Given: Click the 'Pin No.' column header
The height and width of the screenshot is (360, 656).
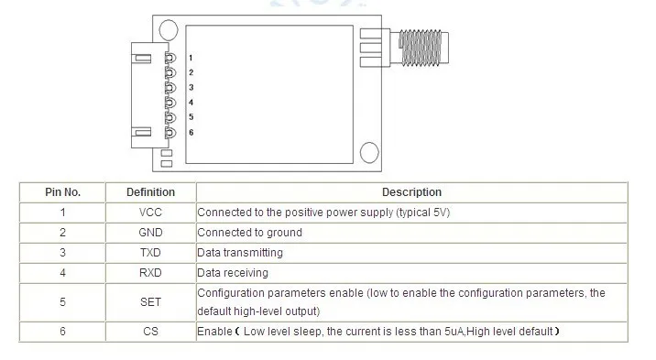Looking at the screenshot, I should [x=63, y=192].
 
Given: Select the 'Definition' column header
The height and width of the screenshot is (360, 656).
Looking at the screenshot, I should [x=150, y=192].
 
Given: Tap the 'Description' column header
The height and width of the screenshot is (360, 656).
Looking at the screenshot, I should [x=411, y=192].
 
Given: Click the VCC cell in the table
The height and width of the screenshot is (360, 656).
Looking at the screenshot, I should [x=150, y=213].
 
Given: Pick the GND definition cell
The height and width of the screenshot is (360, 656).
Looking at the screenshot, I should [x=150, y=233].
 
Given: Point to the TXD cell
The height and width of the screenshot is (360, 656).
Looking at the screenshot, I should [x=150, y=253].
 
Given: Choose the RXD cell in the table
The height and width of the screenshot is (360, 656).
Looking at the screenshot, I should [x=150, y=273].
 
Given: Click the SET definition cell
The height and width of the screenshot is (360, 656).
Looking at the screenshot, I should [x=150, y=301].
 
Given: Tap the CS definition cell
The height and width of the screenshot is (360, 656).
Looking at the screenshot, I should [x=150, y=331].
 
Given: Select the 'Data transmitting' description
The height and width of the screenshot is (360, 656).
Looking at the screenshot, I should [x=240, y=253].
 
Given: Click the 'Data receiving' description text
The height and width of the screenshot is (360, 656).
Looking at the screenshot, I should [x=233, y=273].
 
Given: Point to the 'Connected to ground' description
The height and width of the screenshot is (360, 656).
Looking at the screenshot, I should [x=249, y=233].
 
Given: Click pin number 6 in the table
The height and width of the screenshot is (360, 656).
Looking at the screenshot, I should [x=63, y=331].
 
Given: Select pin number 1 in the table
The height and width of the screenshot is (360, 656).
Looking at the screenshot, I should [x=63, y=213].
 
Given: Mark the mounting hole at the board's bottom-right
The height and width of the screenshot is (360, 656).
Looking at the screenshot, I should [x=368, y=152].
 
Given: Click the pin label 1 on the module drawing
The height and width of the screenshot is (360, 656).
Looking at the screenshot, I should [x=191, y=57].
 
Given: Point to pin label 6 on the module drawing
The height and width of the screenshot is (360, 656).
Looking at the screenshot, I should [x=191, y=133].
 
